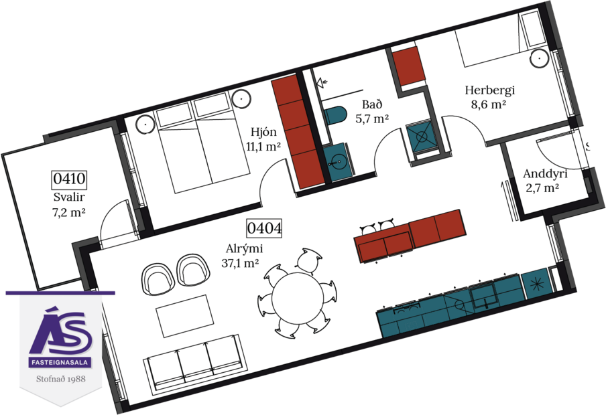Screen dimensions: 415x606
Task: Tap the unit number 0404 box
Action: [264, 228]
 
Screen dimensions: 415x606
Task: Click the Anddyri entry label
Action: [545, 174]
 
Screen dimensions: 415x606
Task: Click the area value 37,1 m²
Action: [240, 264]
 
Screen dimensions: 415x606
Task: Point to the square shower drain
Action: [422, 139]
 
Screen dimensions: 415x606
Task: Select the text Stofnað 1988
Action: [61, 378]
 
